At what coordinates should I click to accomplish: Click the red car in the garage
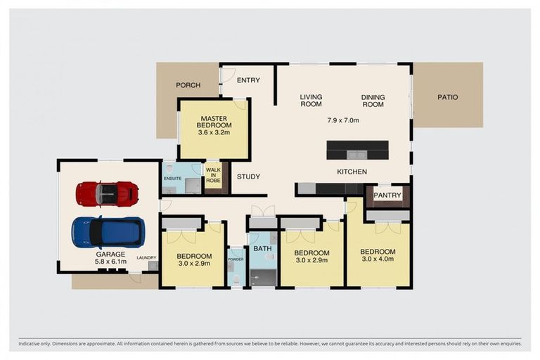107,193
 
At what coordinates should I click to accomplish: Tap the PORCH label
188,85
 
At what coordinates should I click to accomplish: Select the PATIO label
447,97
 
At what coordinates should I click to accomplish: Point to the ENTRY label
248,80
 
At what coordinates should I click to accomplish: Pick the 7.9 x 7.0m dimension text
343,120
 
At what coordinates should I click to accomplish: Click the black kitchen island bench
357,150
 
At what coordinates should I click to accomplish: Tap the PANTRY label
387,195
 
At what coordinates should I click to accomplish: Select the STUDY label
248,177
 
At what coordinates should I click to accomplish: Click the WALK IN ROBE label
213,174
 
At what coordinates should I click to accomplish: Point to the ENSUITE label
173,179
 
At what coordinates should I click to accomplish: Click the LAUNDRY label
146,257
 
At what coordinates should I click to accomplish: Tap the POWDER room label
235,259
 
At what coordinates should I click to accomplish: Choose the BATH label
262,249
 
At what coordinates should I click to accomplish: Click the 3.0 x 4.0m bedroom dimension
378,260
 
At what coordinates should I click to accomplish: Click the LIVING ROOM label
311,101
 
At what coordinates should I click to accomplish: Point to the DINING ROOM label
373,101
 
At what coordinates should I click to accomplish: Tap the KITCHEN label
352,172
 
